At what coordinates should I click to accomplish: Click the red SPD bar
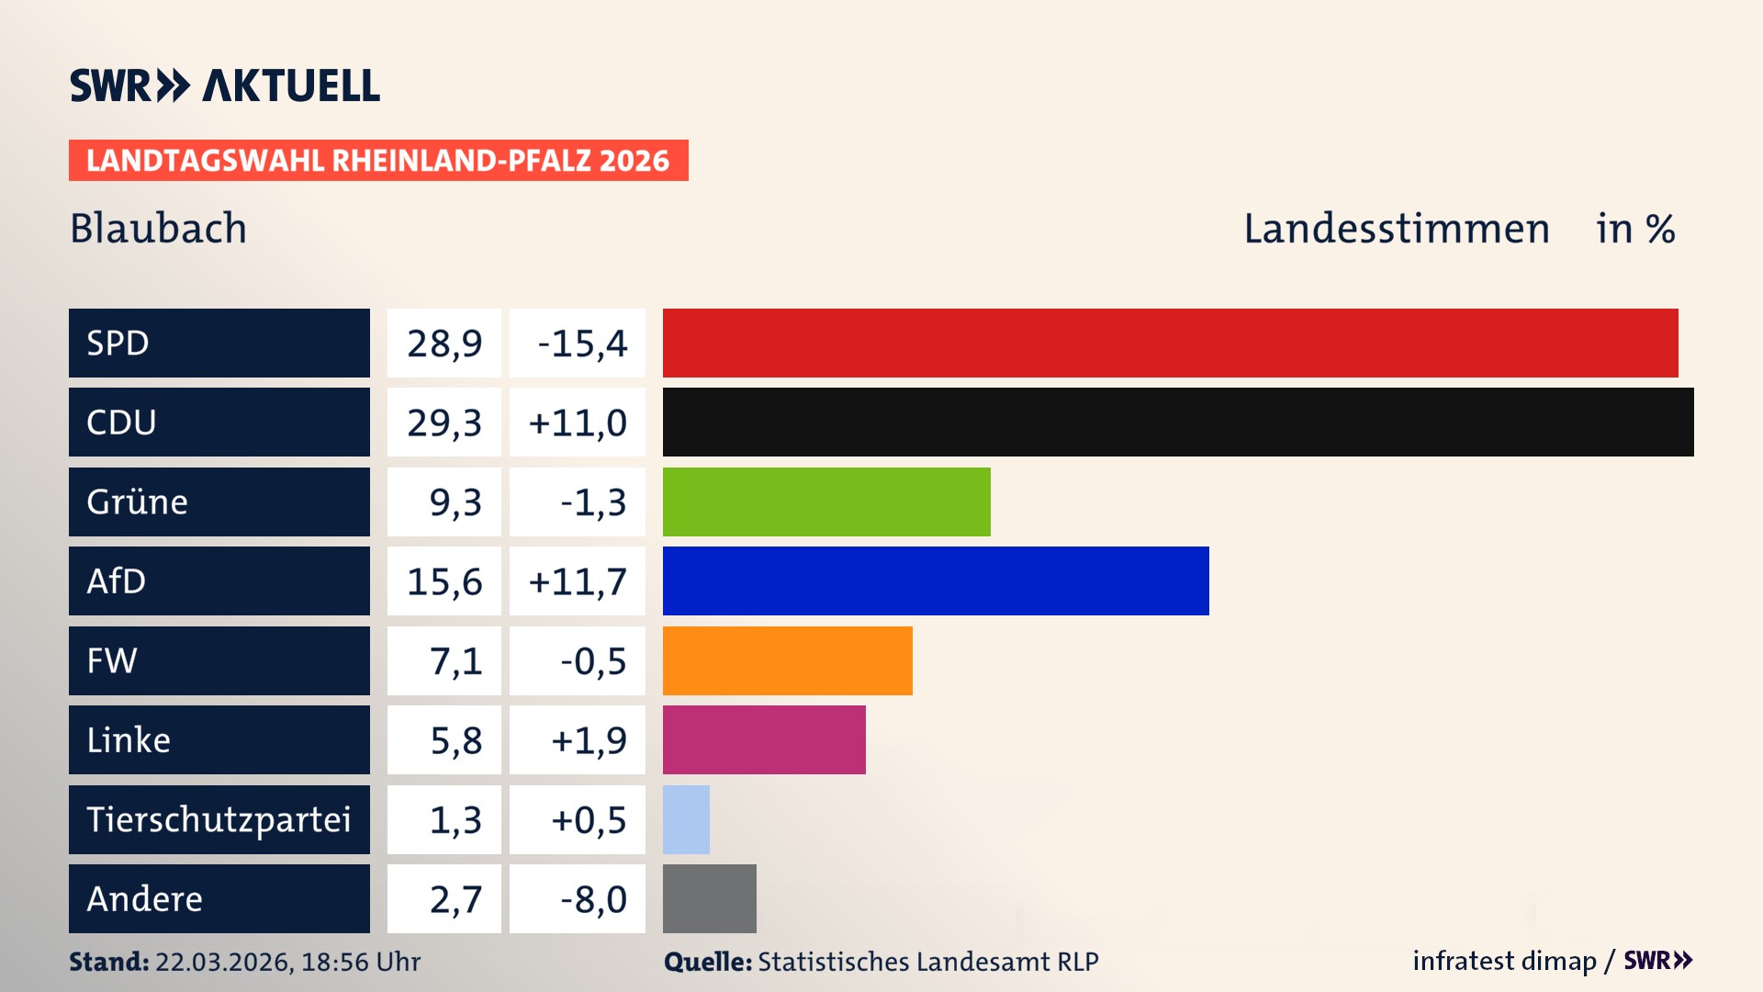(x=1170, y=343)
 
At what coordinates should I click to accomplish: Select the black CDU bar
(x=1178, y=422)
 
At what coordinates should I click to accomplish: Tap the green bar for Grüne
(x=826, y=502)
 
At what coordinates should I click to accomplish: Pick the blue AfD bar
(x=936, y=581)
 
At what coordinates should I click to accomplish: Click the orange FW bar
(x=788, y=660)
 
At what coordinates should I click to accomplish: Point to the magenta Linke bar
(x=764, y=739)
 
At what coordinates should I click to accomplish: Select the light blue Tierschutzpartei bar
(x=686, y=819)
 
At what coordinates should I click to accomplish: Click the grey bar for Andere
(x=709, y=898)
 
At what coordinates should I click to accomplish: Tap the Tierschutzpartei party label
(x=219, y=819)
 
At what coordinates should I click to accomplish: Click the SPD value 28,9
(x=444, y=343)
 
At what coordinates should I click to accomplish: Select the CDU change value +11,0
(x=578, y=423)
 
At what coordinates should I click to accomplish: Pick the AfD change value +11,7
(x=578, y=581)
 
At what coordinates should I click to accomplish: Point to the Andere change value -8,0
(x=593, y=899)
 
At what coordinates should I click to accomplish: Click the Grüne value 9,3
(x=455, y=502)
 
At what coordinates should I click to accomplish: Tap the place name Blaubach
(x=158, y=228)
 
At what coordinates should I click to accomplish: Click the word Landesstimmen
(x=1396, y=229)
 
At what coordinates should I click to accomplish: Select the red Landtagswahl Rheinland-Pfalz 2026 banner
(x=378, y=160)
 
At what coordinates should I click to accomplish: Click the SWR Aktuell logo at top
(x=225, y=85)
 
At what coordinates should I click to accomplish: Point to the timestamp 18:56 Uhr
(x=360, y=962)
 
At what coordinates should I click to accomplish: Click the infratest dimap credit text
(x=1504, y=961)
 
